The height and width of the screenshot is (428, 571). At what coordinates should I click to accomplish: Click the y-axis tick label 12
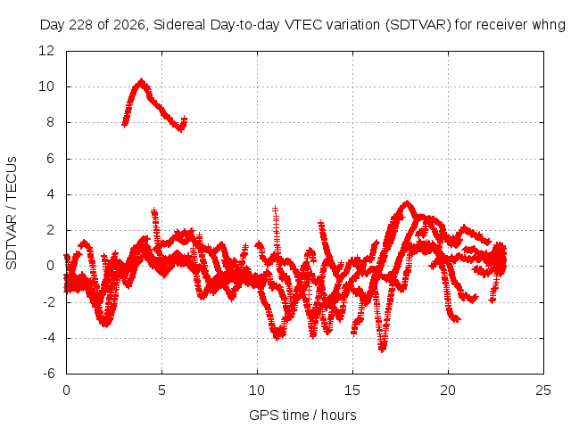(46, 51)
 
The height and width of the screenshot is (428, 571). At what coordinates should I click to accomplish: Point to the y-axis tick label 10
(46, 86)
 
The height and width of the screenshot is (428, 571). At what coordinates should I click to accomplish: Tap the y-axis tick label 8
(50, 122)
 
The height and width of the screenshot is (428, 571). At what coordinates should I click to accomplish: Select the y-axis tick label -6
(48, 374)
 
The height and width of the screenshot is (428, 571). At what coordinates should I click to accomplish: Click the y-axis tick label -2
(48, 301)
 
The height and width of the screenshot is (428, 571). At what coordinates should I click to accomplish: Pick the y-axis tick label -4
(48, 338)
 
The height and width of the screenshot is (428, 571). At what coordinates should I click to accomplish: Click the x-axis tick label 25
(543, 391)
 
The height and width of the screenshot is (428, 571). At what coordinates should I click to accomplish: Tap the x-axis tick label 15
(352, 391)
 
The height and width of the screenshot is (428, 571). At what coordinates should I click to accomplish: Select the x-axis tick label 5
(161, 391)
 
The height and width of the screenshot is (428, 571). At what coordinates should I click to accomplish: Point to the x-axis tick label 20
(448, 391)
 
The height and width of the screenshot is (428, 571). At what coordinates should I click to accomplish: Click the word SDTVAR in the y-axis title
(12, 242)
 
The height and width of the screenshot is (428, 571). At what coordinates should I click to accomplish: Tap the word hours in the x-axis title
(339, 415)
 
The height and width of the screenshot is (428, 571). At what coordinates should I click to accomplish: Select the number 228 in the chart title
(81, 25)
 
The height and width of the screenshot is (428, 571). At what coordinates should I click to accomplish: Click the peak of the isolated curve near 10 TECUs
(141, 81)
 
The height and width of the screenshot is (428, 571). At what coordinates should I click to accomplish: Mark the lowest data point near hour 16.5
(382, 350)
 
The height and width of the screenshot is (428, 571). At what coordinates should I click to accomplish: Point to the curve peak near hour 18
(407, 203)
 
